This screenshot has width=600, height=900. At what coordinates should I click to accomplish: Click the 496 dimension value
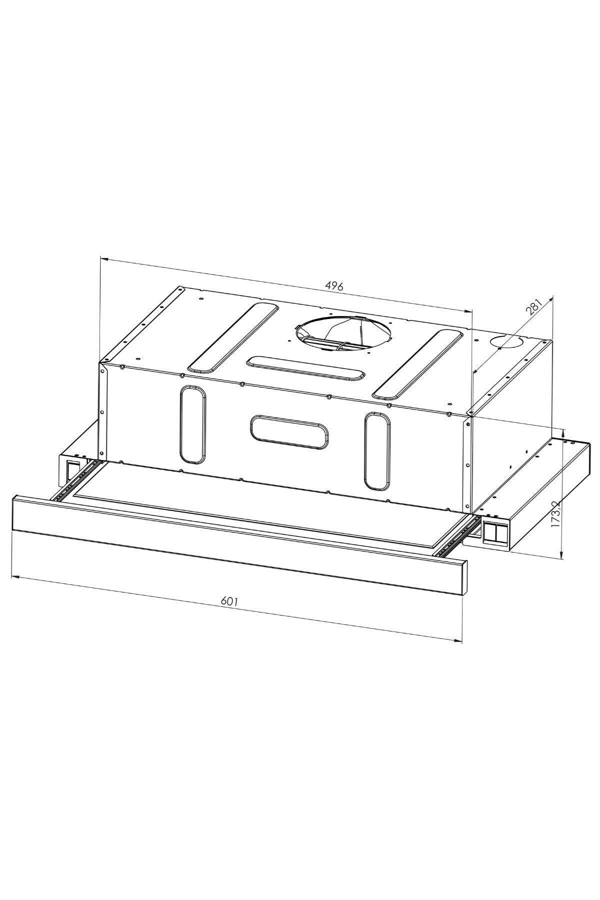pos(334,286)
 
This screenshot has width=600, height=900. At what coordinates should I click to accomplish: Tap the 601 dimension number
pos(229,601)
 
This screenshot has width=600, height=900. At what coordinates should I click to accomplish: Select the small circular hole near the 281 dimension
pos(506,343)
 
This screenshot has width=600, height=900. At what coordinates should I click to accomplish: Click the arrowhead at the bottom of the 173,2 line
pos(563,554)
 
